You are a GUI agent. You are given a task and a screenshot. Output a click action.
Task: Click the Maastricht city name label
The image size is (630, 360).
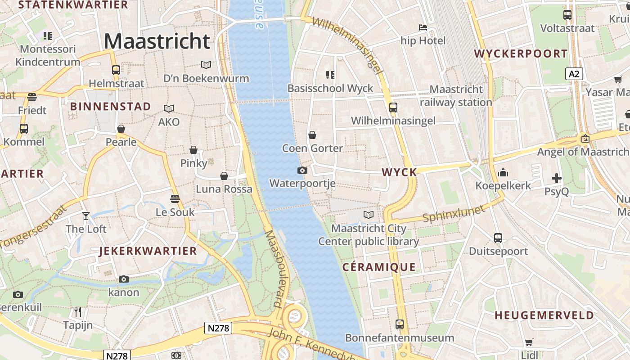(157, 41)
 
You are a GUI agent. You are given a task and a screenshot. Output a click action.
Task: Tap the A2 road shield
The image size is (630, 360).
(574, 74)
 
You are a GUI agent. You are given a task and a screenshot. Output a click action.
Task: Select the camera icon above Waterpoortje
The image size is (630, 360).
(302, 170)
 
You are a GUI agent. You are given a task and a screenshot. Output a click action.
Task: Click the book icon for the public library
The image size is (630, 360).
(369, 215)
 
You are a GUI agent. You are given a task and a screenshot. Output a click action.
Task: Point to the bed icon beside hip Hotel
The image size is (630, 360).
(423, 27)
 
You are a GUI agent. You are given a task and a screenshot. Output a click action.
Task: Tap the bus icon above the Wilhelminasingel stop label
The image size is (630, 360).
(393, 107)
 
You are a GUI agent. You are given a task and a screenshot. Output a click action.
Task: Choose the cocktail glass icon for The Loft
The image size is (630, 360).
(86, 216)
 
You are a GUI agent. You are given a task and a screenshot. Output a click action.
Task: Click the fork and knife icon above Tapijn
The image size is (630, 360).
(78, 311)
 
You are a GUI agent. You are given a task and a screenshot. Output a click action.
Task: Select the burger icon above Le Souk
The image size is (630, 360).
(175, 198)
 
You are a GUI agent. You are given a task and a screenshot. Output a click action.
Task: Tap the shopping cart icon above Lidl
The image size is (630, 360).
(529, 342)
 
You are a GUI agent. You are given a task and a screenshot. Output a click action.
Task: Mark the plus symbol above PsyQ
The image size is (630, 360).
(557, 178)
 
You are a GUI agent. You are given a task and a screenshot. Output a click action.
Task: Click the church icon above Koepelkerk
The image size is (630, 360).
(503, 172)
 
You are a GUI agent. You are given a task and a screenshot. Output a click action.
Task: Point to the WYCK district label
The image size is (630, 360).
(399, 172)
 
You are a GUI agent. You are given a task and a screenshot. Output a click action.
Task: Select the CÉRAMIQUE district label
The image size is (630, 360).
(379, 267)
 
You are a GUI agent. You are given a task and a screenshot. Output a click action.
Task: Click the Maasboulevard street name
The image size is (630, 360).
(278, 269)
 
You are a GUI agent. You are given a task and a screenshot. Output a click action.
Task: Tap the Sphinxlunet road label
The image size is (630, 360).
(454, 214)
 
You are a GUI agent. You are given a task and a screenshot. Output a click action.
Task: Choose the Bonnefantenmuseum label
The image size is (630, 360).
(400, 337)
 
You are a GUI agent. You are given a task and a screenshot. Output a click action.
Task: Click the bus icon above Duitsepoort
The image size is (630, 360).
(498, 238)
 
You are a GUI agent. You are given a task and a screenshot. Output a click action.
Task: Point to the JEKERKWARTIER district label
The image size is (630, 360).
(148, 251)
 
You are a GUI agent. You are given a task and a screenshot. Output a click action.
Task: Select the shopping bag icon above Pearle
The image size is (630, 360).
(121, 129)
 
